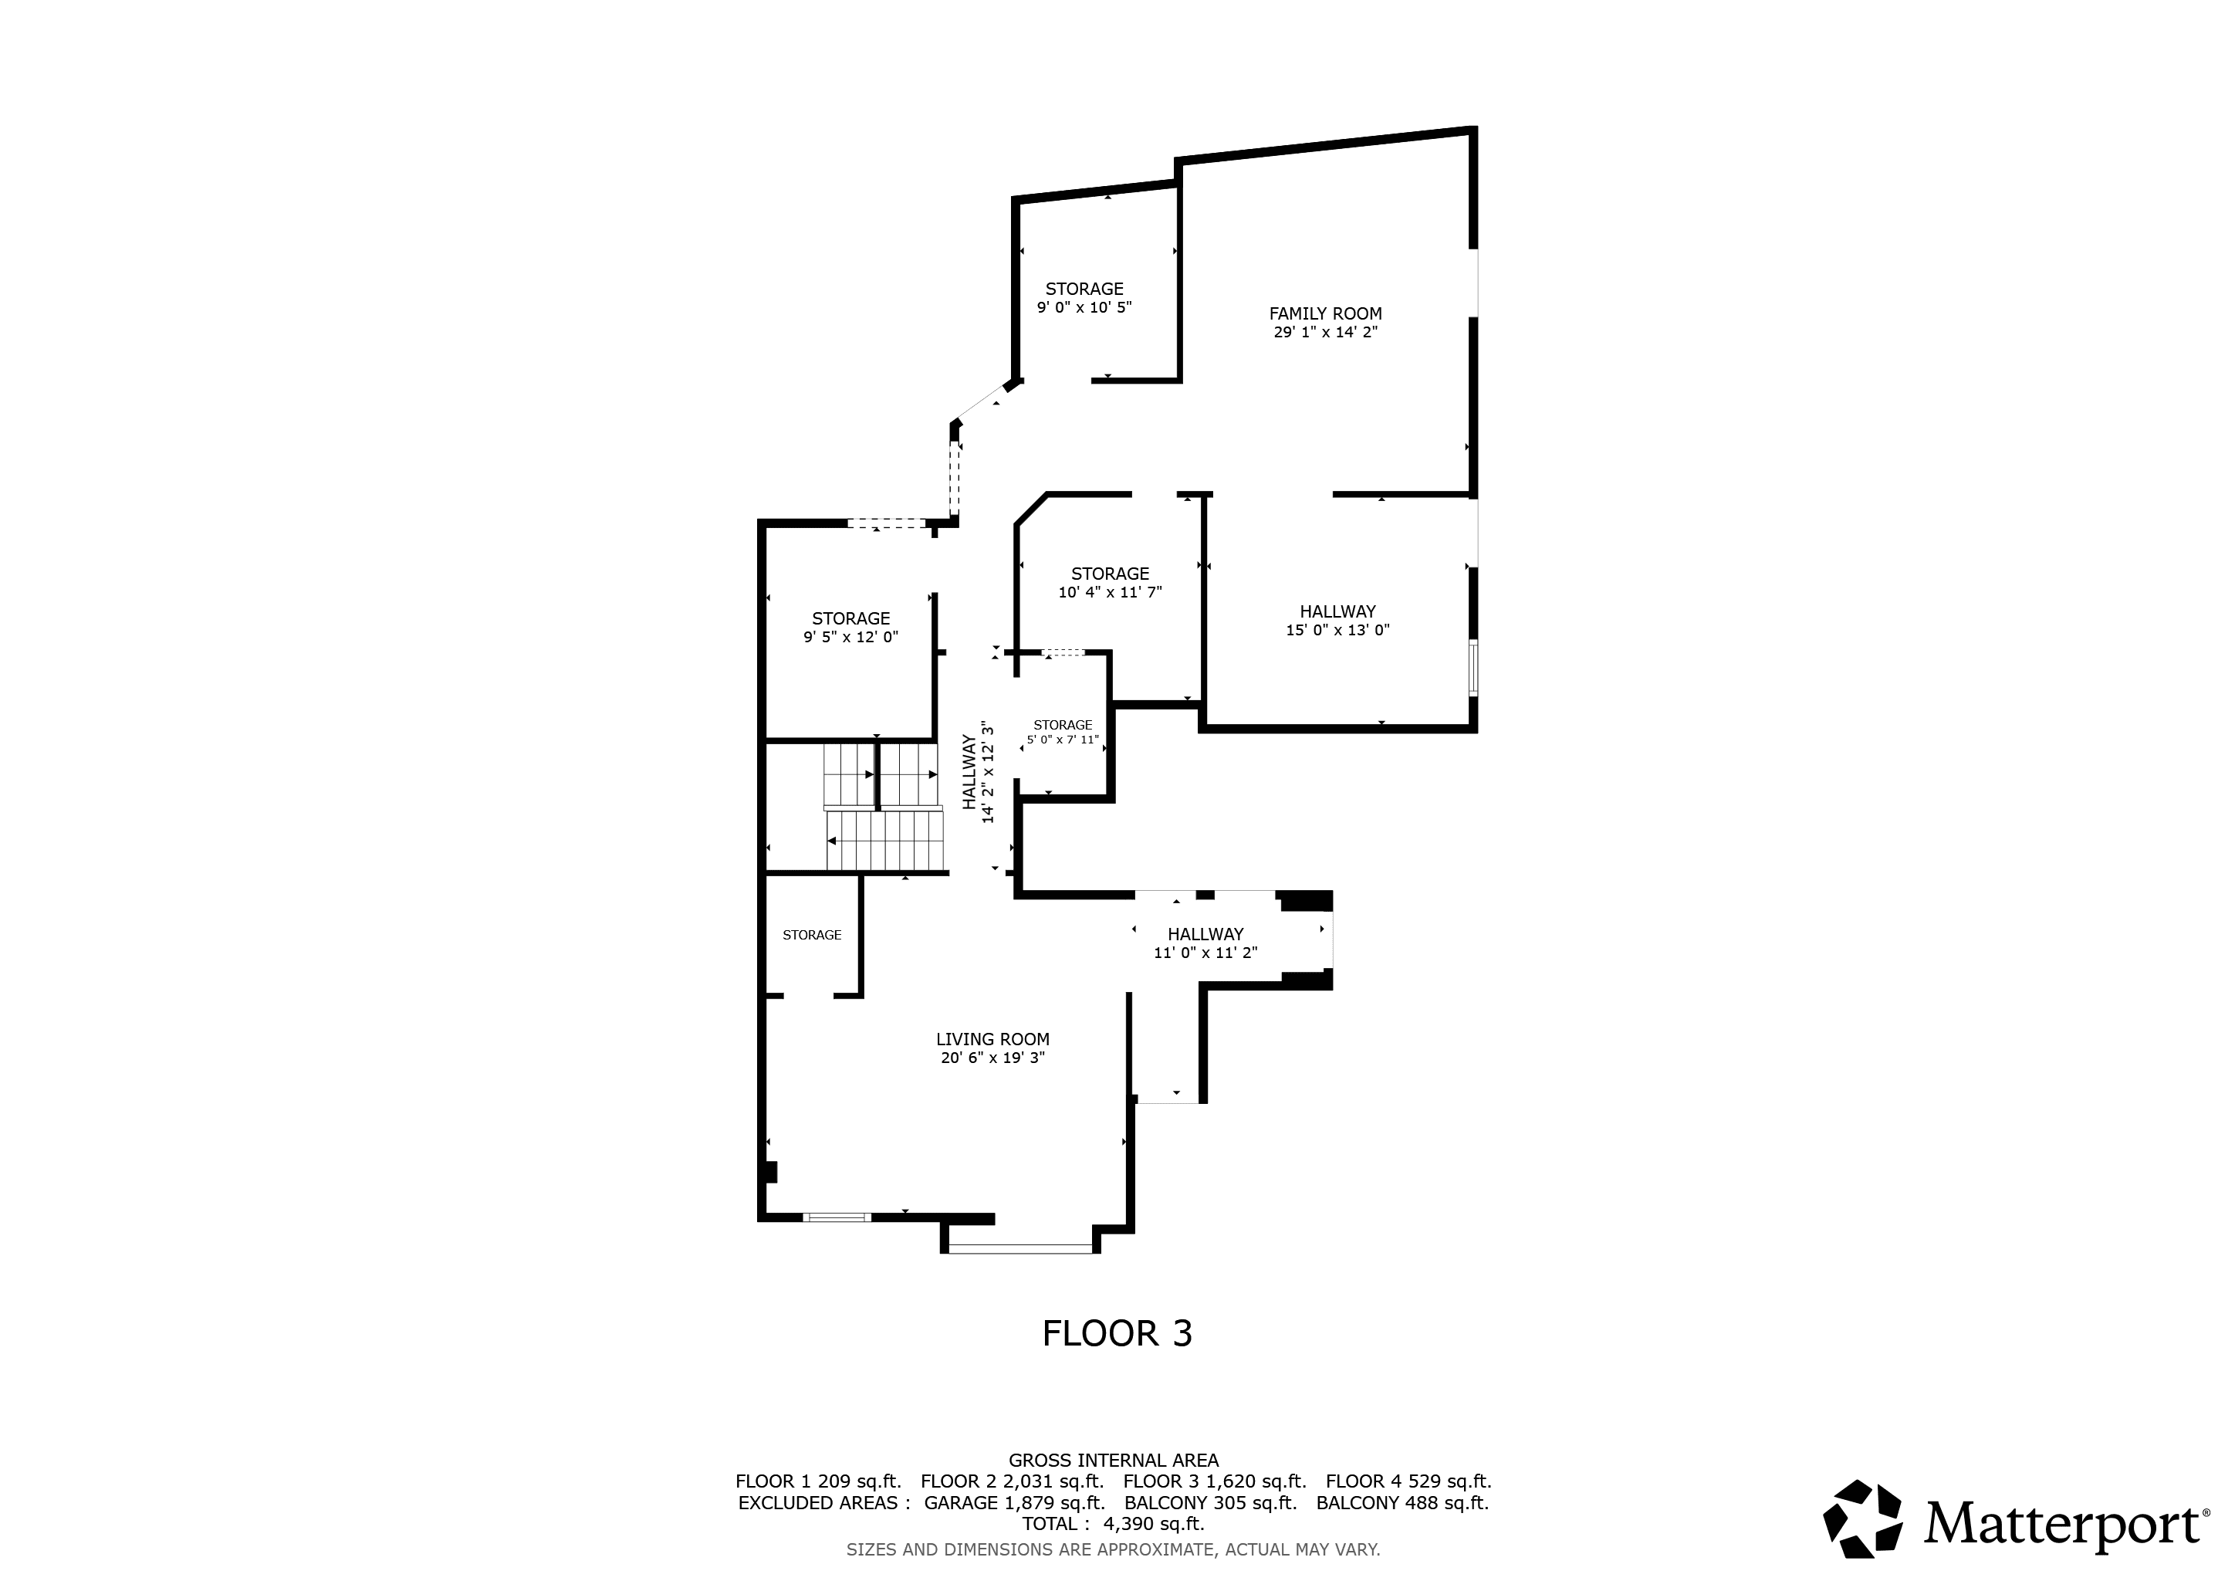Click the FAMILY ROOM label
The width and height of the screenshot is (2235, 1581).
click(1325, 313)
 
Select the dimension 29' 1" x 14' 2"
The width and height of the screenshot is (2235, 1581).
click(1325, 332)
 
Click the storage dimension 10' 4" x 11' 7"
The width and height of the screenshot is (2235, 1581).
click(1110, 592)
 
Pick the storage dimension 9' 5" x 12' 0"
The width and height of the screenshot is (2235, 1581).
click(850, 638)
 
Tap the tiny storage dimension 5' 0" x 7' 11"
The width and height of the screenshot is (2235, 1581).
click(1062, 740)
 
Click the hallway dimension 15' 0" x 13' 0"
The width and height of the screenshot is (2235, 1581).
click(1337, 630)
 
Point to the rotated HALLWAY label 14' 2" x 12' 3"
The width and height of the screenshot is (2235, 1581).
click(979, 772)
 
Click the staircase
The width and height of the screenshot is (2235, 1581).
click(884, 808)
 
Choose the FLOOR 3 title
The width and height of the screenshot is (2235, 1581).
click(1117, 1334)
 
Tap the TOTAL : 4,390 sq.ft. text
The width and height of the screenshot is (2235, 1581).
click(1113, 1524)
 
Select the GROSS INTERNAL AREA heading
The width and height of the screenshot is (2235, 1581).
click(1113, 1461)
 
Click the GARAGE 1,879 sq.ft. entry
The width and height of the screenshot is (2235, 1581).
click(1013, 1502)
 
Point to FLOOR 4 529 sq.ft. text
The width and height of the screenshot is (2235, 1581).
click(1408, 1481)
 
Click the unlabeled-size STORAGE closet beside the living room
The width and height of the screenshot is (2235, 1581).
click(812, 936)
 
